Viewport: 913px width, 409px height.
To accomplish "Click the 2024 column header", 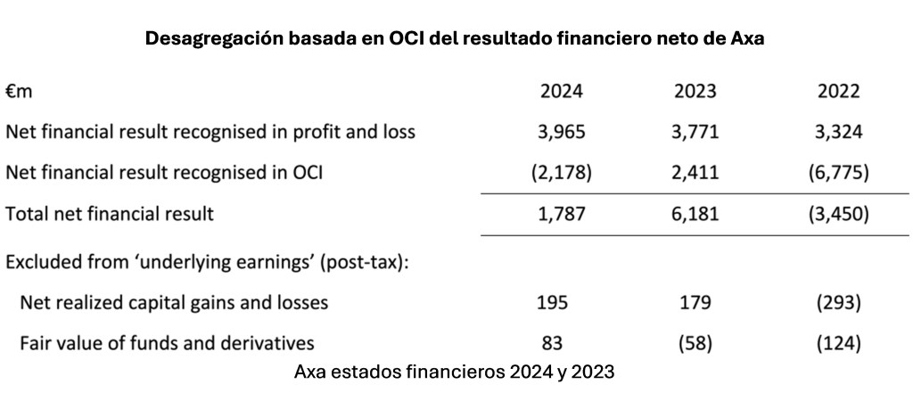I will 562,91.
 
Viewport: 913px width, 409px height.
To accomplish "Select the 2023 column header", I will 694,91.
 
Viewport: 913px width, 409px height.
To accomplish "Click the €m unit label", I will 19,91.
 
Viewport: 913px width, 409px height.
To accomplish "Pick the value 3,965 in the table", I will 562,132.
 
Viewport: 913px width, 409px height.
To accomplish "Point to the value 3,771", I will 694,132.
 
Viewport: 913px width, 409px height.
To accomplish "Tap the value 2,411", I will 694,173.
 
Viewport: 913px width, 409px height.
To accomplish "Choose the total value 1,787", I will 562,214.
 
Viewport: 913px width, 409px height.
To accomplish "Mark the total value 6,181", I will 694,214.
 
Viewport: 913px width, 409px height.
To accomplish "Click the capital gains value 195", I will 562,302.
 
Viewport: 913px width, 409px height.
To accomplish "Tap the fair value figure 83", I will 562,342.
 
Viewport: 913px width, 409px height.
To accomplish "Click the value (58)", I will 694,342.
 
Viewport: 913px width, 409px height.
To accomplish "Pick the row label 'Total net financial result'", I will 111,214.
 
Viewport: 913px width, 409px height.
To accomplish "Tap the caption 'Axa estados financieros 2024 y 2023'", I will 454,372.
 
